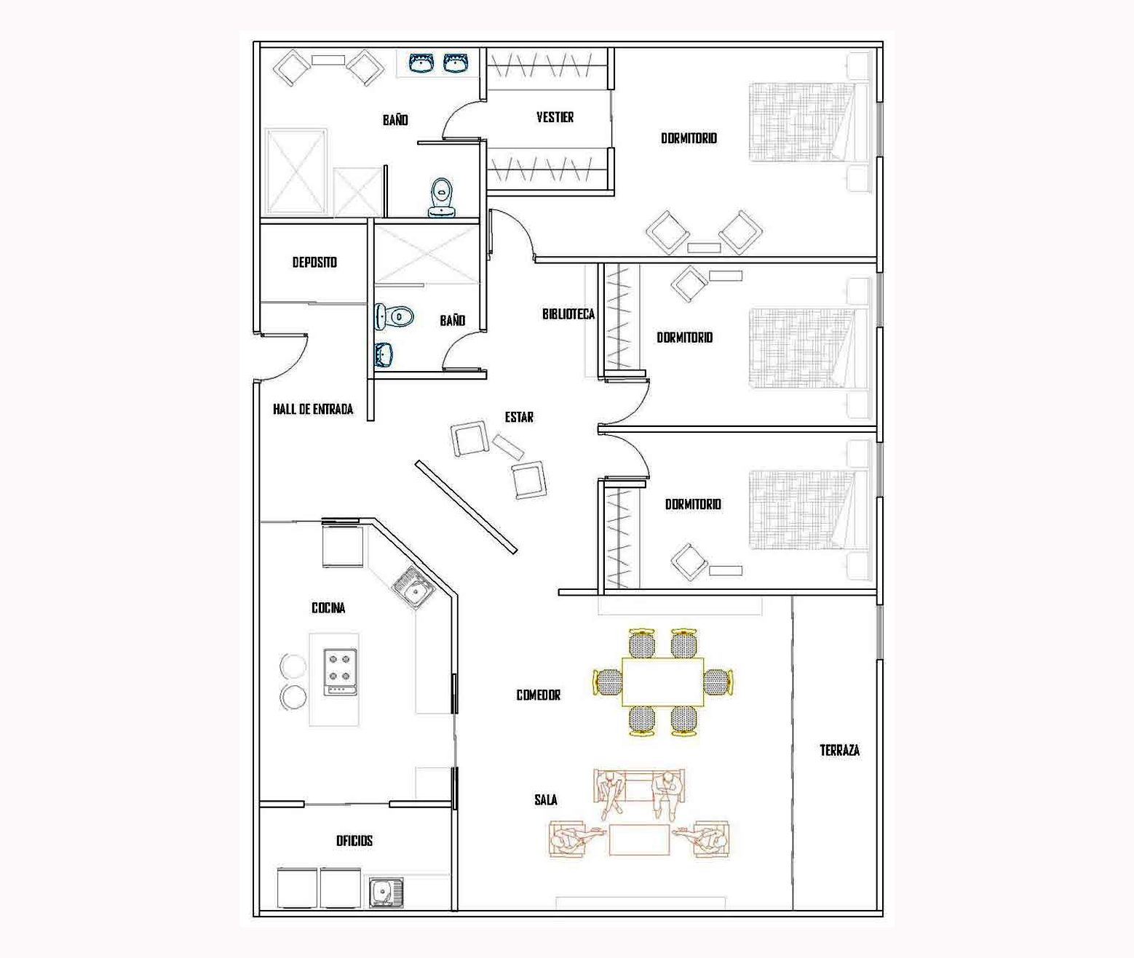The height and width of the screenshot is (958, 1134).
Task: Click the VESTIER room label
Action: [x=555, y=117]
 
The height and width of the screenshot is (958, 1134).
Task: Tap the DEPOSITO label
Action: [x=314, y=262]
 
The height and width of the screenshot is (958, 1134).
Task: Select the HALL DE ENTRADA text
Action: [x=313, y=409]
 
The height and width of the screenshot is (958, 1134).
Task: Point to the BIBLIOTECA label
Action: [x=568, y=314]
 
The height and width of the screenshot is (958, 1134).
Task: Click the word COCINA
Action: [x=328, y=607]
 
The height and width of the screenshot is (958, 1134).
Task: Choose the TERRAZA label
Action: [x=839, y=750]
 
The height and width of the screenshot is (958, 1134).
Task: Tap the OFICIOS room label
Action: [x=354, y=841]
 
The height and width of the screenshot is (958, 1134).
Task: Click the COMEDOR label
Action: [x=538, y=695]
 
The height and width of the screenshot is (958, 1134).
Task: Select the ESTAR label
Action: [x=519, y=418]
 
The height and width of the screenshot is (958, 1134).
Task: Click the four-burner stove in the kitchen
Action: [x=340, y=672]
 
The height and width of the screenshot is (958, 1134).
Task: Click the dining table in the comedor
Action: [x=663, y=682]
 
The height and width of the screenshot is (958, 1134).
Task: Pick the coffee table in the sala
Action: [x=639, y=839]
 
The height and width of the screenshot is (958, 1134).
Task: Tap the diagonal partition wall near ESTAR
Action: [x=466, y=507]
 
